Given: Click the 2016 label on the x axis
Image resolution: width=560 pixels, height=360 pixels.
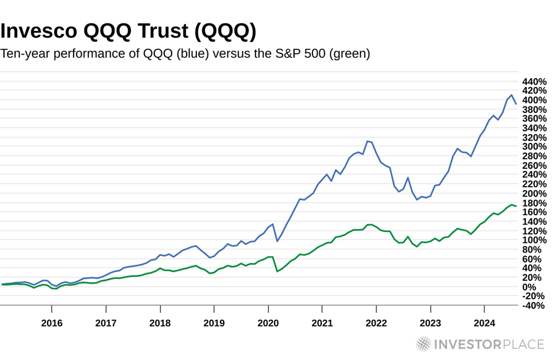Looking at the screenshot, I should pyautogui.click(x=52, y=323).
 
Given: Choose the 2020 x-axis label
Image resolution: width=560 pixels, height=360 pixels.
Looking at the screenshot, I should pyautogui.click(x=268, y=323).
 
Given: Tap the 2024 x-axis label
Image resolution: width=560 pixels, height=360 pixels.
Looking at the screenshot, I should pyautogui.click(x=484, y=323).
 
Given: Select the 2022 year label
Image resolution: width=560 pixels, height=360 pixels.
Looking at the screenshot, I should pyautogui.click(x=376, y=323).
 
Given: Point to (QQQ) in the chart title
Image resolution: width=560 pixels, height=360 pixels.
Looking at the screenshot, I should pyautogui.click(x=226, y=32).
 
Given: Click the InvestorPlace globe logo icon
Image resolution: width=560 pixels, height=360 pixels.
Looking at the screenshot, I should pyautogui.click(x=423, y=344).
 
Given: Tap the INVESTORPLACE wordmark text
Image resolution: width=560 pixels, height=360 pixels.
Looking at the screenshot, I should pyautogui.click(x=489, y=344).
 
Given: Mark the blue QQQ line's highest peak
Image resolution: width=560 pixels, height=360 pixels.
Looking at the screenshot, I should pyautogui.click(x=511, y=95).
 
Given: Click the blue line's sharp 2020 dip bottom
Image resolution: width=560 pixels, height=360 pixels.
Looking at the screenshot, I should pyautogui.click(x=277, y=241).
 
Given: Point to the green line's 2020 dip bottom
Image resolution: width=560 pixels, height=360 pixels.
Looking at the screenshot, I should pyautogui.click(x=277, y=271).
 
